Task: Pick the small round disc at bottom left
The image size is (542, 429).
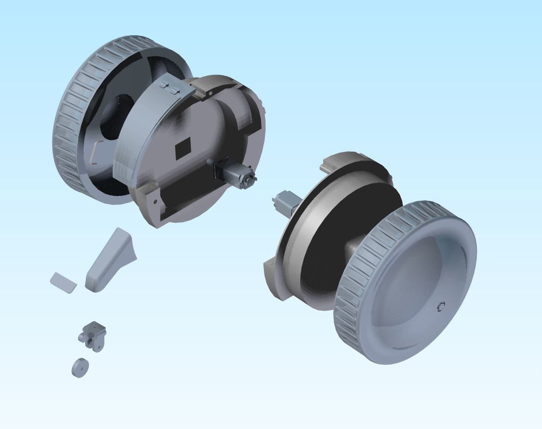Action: pos(80,368)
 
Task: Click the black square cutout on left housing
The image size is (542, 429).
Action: pos(183,147)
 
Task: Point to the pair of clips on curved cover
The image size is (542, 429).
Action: pos(168,88)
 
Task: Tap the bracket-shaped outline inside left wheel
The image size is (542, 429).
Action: pos(95,152)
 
